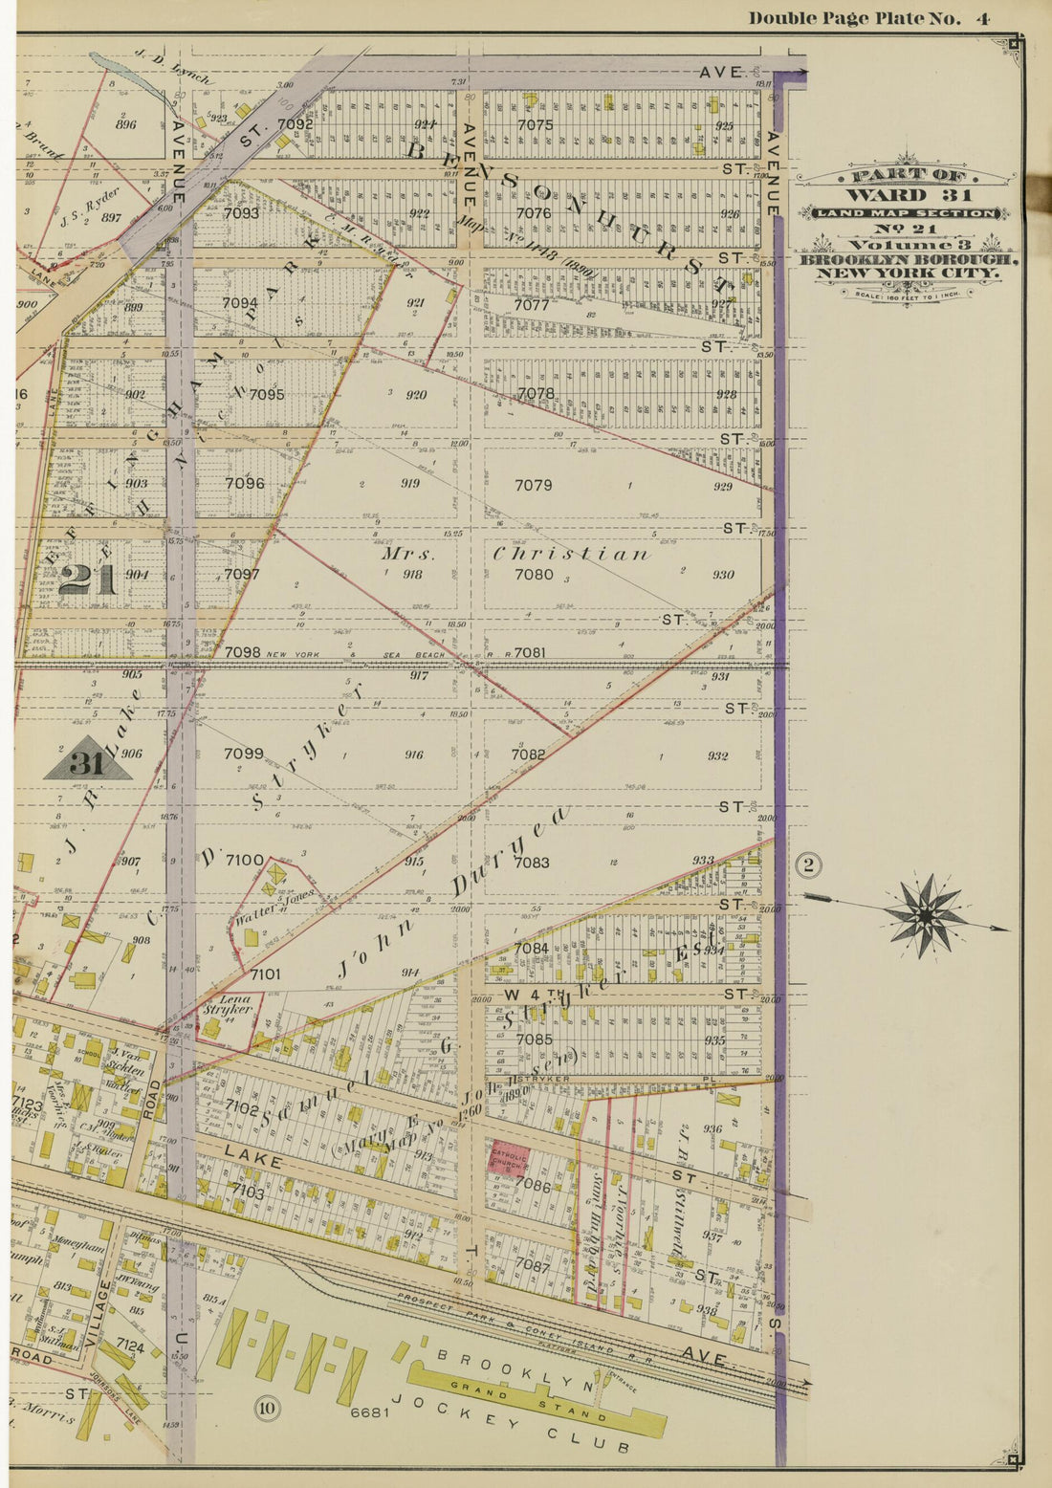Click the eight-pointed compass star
[925, 915]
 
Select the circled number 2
[808, 865]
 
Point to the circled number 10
[267, 1408]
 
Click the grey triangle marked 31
[87, 760]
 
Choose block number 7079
[534, 485]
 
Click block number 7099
[243, 754]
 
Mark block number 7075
[534, 124]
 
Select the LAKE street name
[253, 1160]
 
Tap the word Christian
[572, 555]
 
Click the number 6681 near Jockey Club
[369, 1412]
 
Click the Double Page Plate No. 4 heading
[867, 18]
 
